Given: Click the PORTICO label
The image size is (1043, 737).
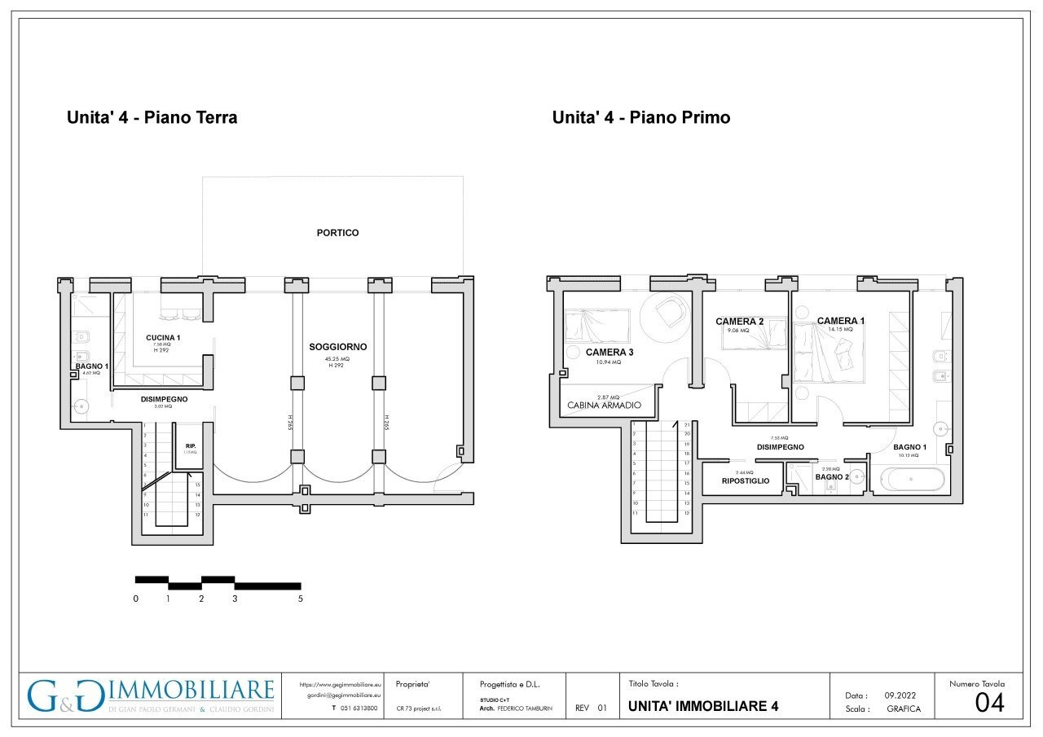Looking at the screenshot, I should point(337,233).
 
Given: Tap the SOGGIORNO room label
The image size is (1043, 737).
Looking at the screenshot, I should point(337,347).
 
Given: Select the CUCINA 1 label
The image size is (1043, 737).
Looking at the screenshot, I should point(163,338).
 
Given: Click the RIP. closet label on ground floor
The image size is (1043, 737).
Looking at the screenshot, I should point(189,445).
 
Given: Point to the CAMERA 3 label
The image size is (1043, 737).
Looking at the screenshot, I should point(610,353).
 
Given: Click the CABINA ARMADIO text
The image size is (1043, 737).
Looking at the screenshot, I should point(604,405).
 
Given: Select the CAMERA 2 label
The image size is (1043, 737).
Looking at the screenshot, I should point(739,322).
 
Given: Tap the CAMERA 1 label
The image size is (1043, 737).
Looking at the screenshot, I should point(841,321).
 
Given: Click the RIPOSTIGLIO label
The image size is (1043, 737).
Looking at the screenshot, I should point(746,481).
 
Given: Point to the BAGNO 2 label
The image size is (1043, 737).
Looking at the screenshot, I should point(832,477).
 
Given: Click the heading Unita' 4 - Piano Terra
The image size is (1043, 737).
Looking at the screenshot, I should point(152,117).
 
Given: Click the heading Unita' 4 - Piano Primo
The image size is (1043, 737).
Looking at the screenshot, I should point(640,117).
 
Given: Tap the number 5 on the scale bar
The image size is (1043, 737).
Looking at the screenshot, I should point(301,599).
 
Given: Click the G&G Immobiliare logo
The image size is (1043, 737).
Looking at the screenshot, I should point(151,696).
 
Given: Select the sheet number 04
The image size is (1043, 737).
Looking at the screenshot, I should point(989,703).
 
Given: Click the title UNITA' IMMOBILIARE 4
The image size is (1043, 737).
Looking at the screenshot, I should point(703,706).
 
